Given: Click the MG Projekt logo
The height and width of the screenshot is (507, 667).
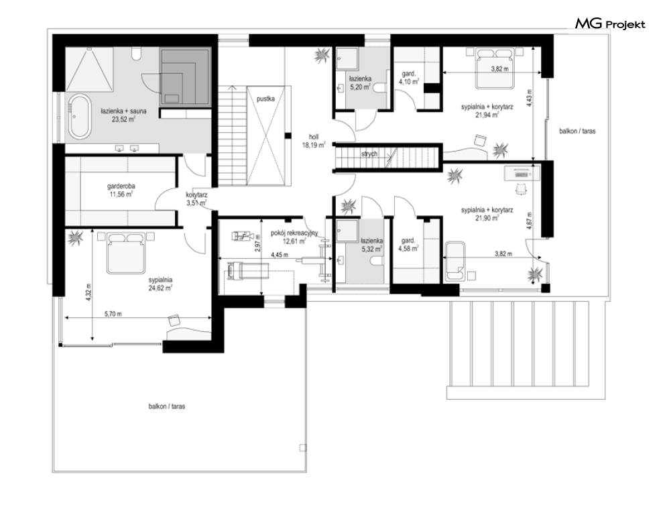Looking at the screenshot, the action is click(610, 24).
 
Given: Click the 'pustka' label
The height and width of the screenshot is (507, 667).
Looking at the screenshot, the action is click(265, 99).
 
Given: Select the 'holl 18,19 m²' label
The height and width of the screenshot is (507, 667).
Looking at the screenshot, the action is click(314, 141).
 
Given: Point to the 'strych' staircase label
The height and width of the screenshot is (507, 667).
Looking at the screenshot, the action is click(369, 154).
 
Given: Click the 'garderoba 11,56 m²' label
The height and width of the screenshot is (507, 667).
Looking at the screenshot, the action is click(121, 190).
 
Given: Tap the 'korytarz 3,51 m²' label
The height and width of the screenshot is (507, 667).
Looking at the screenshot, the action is click(196, 199).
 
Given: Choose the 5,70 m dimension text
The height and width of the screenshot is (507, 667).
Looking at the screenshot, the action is click(113, 314).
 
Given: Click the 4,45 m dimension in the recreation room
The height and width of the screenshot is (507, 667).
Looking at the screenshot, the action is click(280, 255).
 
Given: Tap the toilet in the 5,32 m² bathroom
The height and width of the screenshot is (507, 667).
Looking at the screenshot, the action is click(377, 262).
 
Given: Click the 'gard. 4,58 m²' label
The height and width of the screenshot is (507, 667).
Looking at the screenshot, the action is click(408, 245).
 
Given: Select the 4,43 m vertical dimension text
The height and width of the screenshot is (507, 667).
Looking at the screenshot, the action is click(529, 97).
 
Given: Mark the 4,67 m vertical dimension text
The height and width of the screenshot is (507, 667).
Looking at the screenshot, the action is click(529, 221).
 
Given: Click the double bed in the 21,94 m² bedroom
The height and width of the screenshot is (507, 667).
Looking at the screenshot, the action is click(493, 68).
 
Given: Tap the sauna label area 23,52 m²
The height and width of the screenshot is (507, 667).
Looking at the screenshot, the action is click(123, 115).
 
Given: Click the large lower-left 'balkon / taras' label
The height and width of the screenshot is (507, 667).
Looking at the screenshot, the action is click(167, 406).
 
